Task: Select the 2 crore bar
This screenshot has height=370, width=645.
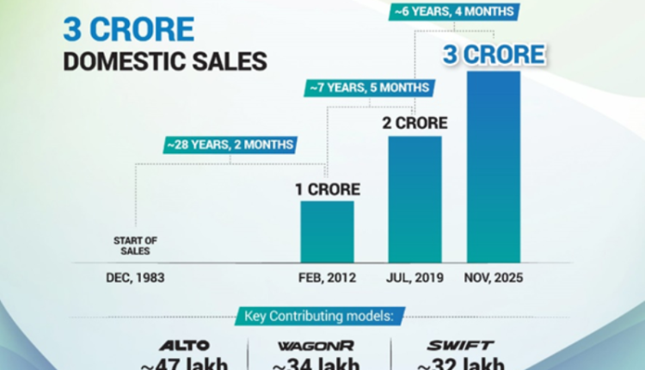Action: tap(415, 198)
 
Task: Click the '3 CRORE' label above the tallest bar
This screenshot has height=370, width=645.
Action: tap(494, 54)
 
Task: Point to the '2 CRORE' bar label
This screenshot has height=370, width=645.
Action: tap(415, 123)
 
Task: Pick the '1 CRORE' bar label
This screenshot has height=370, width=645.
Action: tap(327, 188)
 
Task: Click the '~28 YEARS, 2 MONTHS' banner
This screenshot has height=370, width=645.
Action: tap(229, 145)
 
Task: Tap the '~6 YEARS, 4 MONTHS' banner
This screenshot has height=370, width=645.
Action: tap(452, 12)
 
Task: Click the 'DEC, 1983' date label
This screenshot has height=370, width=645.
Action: tap(136, 278)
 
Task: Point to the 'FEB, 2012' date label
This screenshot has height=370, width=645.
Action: tap(327, 278)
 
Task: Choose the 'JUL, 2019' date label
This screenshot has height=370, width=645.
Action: tap(415, 278)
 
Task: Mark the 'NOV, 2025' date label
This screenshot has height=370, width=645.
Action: tap(492, 278)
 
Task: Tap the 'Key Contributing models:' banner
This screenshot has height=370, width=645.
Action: tap(322, 317)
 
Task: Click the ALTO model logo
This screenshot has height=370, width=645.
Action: tap(185, 346)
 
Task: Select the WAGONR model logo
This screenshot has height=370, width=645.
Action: tap(317, 346)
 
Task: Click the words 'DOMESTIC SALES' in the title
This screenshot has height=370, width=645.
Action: tap(163, 61)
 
